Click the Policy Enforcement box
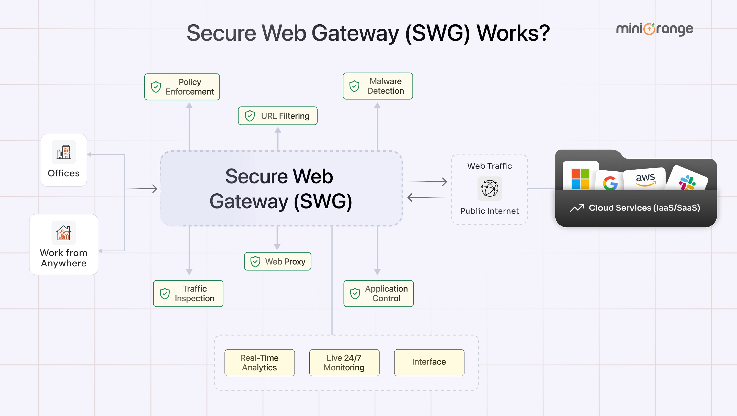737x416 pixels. [x=182, y=87]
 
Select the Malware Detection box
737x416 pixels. [x=378, y=86]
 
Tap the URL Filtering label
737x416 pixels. [x=285, y=116]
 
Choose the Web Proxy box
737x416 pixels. [x=277, y=261]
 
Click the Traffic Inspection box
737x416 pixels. [x=188, y=294]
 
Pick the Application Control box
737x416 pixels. [x=378, y=294]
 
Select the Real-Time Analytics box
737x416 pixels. [x=259, y=362]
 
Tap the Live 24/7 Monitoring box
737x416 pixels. [x=344, y=362]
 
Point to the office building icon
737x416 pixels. [x=64, y=152]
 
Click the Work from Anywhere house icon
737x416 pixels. [x=63, y=233]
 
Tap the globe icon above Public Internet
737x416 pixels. [x=490, y=188]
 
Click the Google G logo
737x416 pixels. [x=610, y=183]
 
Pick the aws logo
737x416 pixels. [x=645, y=180]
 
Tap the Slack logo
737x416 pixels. [x=687, y=183]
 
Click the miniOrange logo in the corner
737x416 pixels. [x=655, y=29]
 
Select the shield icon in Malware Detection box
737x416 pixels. [x=354, y=86]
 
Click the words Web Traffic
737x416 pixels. [x=490, y=166]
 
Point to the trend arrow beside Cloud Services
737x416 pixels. [x=577, y=208]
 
